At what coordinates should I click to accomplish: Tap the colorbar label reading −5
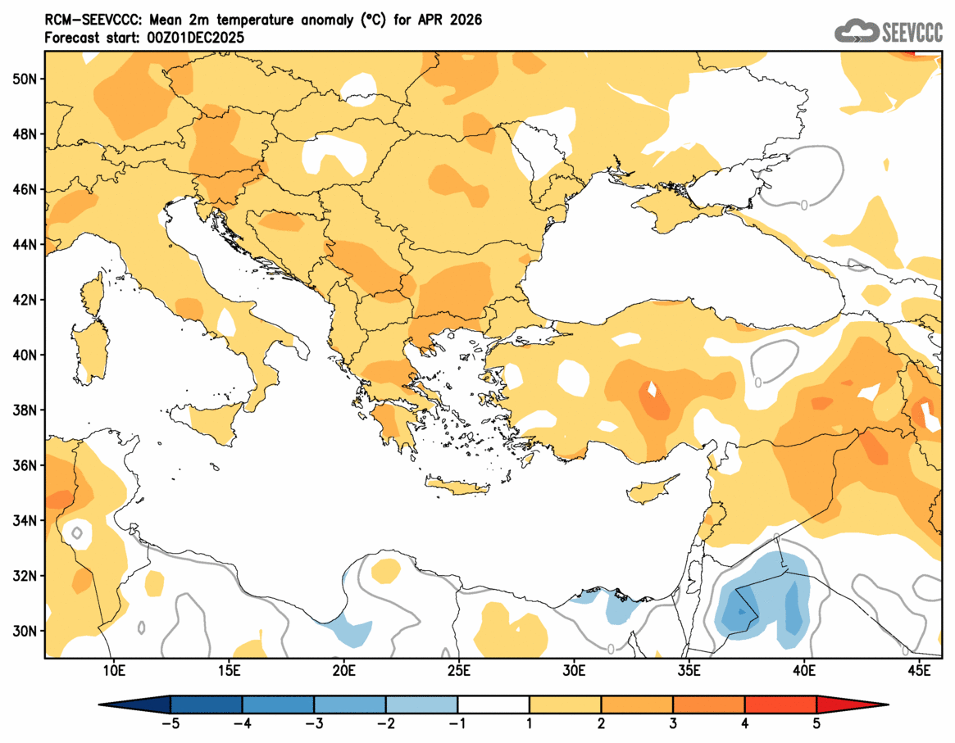(171, 724)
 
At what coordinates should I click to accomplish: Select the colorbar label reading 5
(816, 724)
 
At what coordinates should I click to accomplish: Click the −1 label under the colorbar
(457, 724)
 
